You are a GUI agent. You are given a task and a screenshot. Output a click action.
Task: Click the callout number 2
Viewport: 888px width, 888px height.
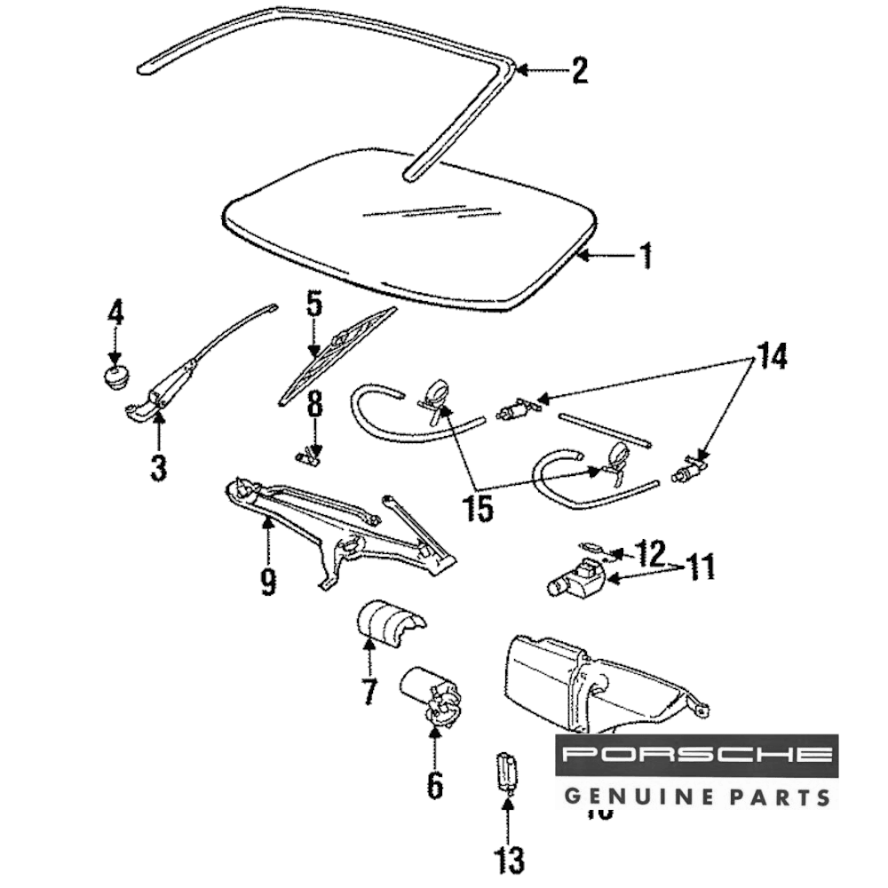(579, 71)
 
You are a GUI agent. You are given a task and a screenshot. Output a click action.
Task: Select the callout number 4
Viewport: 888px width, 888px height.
(115, 313)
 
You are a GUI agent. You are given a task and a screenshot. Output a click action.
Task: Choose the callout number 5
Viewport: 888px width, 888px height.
(313, 305)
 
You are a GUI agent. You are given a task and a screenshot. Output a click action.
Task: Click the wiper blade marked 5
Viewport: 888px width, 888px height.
(337, 355)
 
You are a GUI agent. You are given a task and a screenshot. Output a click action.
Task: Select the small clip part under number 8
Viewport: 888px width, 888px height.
(308, 456)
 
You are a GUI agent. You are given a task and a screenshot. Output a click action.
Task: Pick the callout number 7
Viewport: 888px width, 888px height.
(369, 690)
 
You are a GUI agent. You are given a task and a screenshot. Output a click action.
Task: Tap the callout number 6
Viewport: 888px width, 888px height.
(434, 784)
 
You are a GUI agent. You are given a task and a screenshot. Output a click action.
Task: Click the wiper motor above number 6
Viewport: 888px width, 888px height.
(430, 693)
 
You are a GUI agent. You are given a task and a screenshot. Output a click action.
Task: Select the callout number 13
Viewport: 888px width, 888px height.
(509, 859)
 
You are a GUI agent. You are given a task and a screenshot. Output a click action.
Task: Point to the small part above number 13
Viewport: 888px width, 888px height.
(505, 769)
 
